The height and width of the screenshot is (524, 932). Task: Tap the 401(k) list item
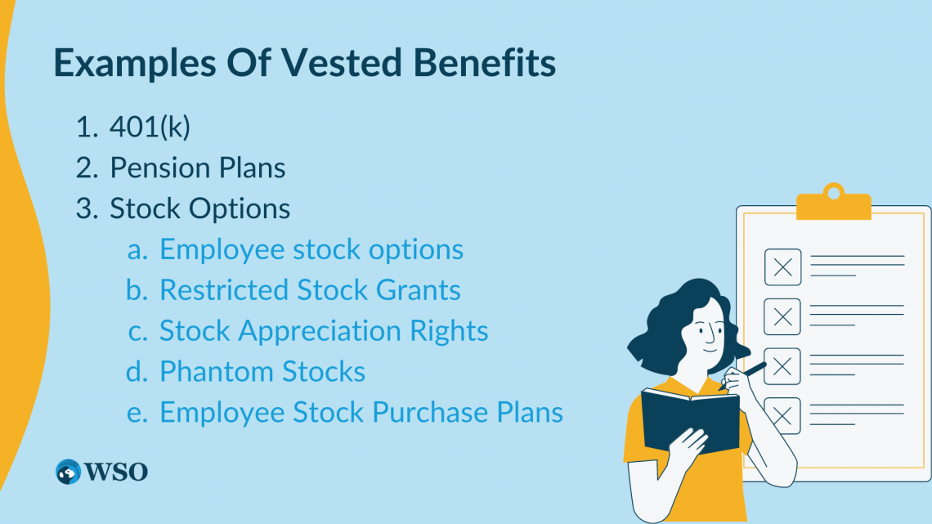pos(150,128)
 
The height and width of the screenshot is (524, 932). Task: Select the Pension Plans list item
pos(198,168)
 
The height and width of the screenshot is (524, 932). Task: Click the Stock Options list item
pos(200,208)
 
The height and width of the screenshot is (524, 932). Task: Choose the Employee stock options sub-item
pos(311,249)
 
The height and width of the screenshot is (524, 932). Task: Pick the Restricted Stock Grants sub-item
pos(310,290)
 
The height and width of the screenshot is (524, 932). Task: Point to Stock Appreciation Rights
pos(324,331)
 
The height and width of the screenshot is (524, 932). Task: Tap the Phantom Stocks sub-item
pos(262,372)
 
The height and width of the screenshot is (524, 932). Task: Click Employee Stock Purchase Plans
pos(361,412)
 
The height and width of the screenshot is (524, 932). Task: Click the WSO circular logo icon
pos(69,472)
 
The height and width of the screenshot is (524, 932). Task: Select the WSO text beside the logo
pos(116,472)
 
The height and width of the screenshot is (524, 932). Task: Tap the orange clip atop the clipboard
pos(832,203)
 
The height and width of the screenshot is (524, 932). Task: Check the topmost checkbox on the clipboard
pos(782,267)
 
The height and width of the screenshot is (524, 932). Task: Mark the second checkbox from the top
pos(782,316)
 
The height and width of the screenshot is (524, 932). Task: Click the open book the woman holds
pos(689,419)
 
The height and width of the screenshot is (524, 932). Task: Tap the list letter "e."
pos(137,413)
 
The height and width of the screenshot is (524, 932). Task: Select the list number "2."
pos(87,168)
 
